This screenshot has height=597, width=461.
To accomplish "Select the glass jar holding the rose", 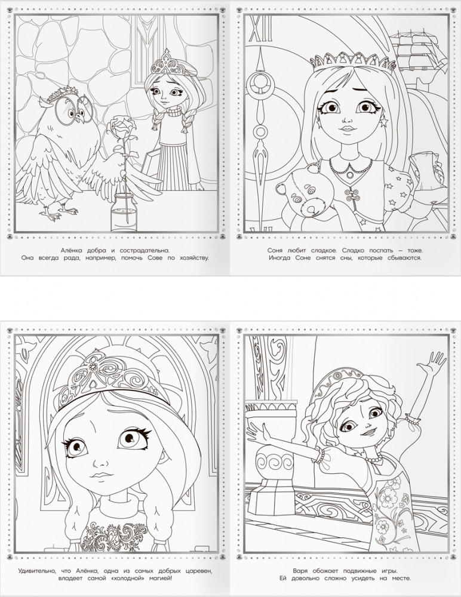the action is [x=124, y=213].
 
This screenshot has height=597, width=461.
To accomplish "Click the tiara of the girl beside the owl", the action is [x=167, y=64].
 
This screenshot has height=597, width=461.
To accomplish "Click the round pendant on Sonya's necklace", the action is [x=349, y=174].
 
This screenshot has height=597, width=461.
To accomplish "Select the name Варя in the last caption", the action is [x=301, y=571].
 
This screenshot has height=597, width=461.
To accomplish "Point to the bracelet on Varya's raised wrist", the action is [x=413, y=419].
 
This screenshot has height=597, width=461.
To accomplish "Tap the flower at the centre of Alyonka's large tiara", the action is [x=93, y=367].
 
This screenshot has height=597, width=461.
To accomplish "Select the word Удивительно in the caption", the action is [x=37, y=571].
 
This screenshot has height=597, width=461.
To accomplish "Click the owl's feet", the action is [x=58, y=213].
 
